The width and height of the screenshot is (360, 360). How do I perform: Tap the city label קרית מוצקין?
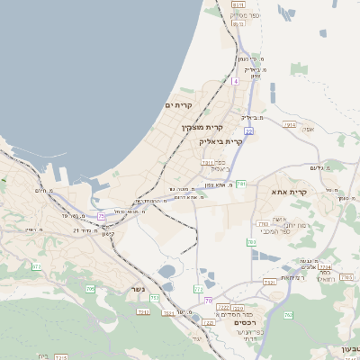pyautogui.click(x=202, y=128)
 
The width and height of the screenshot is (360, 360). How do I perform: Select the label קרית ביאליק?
pyautogui.click(x=222, y=141)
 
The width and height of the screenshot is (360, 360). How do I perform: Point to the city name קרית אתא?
pyautogui.click(x=289, y=192)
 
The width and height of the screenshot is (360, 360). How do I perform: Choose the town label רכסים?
pyautogui.click(x=244, y=321)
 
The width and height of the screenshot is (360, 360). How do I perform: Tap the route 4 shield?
pyautogui.click(x=235, y=81)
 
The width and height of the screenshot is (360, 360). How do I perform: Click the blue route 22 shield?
pyautogui.click(x=248, y=130)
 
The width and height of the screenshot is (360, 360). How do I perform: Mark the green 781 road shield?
pyautogui.click(x=240, y=184)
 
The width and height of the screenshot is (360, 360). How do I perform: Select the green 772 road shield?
pyautogui.click(x=198, y=289)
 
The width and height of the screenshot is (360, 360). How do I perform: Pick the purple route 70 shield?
pyautogui.click(x=209, y=301)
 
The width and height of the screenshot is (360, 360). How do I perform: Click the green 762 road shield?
pyautogui.click(x=288, y=315)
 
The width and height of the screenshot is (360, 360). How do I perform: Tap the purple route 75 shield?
pyautogui.click(x=102, y=216)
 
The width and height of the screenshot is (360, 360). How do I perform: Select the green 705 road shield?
pyautogui.click(x=90, y=289)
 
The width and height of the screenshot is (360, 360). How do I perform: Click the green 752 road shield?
pyautogui.click(x=154, y=298)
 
